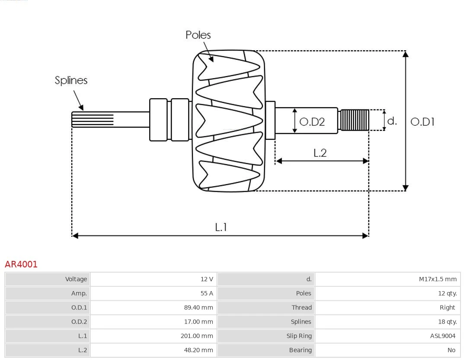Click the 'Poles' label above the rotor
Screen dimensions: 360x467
(198, 35)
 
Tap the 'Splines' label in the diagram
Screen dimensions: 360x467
(71, 80)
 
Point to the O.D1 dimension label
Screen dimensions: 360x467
(422, 122)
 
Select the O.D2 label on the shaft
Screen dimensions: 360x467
(312, 122)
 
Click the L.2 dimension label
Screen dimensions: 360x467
(320, 153)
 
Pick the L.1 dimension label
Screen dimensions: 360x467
(221, 227)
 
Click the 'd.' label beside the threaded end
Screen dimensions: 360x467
(392, 121)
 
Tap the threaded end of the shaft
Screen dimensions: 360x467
(355, 120)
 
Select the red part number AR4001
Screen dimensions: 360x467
(21, 264)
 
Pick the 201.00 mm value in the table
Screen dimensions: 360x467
(197, 336)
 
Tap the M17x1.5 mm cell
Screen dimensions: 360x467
(438, 279)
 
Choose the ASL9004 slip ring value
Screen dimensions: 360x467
(442, 336)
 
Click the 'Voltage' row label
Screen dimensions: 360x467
(76, 279)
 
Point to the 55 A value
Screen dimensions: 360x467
(207, 293)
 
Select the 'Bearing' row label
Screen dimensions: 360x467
(300, 350)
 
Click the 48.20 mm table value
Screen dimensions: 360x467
(198, 350)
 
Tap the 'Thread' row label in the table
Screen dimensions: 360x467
(301, 308)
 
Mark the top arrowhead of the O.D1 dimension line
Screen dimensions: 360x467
(405, 54)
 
